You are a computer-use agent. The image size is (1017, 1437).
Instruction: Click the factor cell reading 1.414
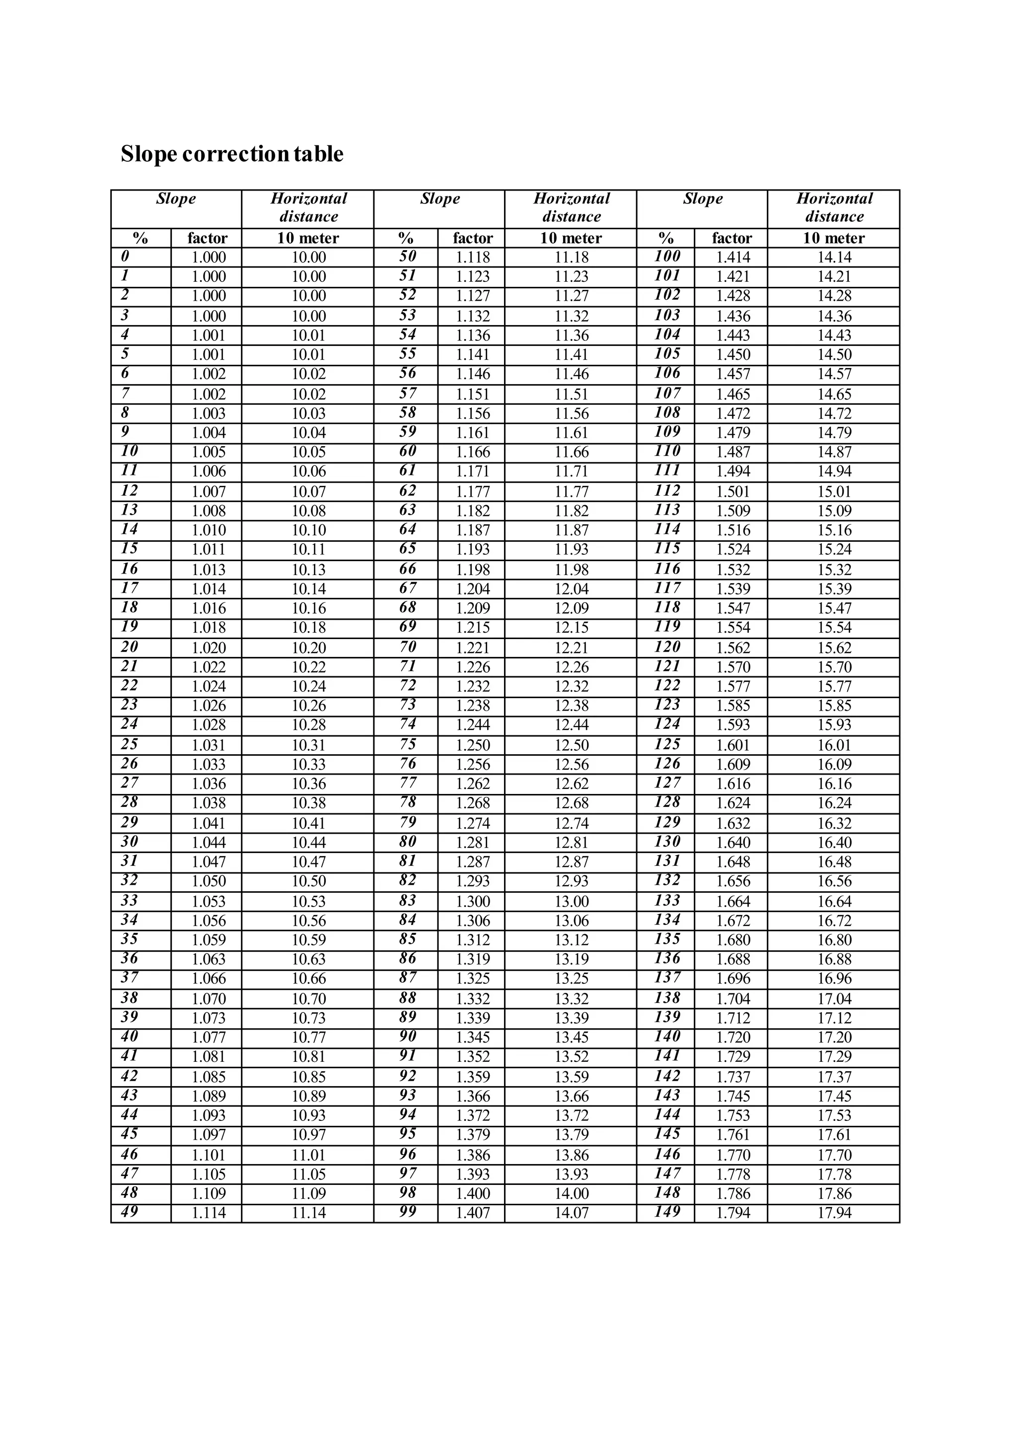pyautogui.click(x=732, y=257)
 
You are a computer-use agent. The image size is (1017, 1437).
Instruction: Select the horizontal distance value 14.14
pyautogui.click(x=834, y=257)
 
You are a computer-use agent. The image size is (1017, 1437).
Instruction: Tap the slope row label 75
pyautogui.click(x=408, y=744)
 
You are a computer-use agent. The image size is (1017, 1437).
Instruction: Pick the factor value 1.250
pyautogui.click(x=473, y=745)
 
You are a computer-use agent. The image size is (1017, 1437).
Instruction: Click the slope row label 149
pyautogui.click(x=667, y=1212)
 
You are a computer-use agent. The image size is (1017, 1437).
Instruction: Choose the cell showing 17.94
pyautogui.click(x=834, y=1213)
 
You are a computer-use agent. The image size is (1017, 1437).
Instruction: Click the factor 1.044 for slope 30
pyautogui.click(x=209, y=843)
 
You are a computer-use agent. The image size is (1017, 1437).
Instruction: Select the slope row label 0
pyautogui.click(x=125, y=257)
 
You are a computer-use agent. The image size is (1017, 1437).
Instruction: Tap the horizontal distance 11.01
pyautogui.click(x=309, y=1155)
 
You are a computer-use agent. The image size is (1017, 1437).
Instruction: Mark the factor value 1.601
pyautogui.click(x=732, y=745)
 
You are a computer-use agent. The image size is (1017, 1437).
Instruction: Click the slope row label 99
pyautogui.click(x=408, y=1212)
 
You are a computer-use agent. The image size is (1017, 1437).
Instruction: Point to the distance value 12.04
pyautogui.click(x=571, y=589)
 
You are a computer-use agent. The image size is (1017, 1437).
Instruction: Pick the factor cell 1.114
pyautogui.click(x=209, y=1213)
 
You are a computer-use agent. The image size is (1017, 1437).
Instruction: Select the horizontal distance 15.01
pyautogui.click(x=834, y=491)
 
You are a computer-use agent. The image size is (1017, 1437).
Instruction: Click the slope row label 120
pyautogui.click(x=667, y=647)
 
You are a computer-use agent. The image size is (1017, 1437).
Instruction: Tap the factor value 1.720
pyautogui.click(x=732, y=1038)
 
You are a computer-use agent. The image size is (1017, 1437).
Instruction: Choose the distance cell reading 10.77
pyautogui.click(x=309, y=1038)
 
